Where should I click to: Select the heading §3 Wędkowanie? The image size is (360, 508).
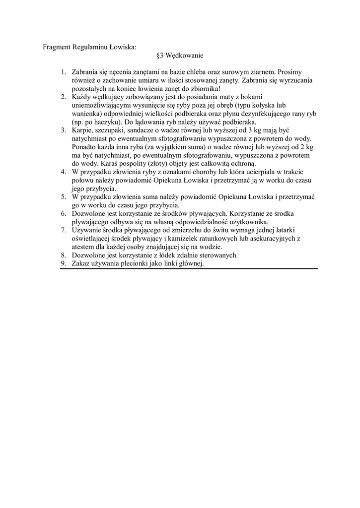point(180,56)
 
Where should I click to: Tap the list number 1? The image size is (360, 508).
point(63,72)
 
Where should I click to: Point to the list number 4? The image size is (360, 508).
point(63,172)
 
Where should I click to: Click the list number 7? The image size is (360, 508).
point(63,230)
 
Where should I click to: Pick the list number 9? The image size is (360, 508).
point(63,264)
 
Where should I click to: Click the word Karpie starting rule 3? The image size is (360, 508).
point(82,130)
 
